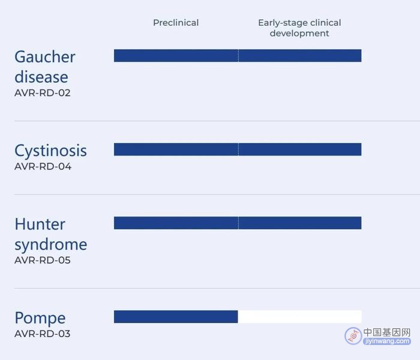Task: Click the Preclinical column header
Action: pos(176,23)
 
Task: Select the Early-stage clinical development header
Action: pos(299,28)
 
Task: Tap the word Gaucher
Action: pos(45,57)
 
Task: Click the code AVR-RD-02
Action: pos(43,93)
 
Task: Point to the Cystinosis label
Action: pos(50,151)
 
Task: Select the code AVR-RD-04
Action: pos(43,166)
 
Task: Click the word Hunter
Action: pos(40,224)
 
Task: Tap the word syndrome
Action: pos(51,245)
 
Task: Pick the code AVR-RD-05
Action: pos(43,260)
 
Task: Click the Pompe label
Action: pos(40,319)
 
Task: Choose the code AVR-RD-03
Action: pos(43,334)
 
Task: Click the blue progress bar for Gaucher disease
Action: pos(238,55)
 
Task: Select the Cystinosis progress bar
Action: pos(238,149)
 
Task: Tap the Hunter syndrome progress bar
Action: pos(238,223)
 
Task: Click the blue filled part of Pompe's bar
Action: pos(176,317)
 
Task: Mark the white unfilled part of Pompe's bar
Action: pos(300,317)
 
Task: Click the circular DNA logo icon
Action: pos(353,336)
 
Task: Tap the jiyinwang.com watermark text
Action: pos(387,341)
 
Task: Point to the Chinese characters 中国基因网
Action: pos(387,332)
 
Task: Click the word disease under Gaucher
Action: pos(41,77)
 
